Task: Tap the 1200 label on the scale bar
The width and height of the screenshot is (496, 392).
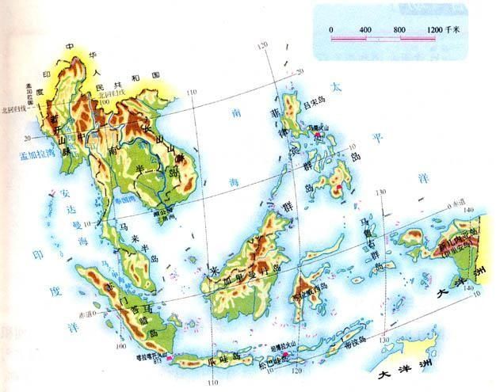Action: point(435,29)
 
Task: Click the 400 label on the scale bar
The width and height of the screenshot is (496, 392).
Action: point(365,29)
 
